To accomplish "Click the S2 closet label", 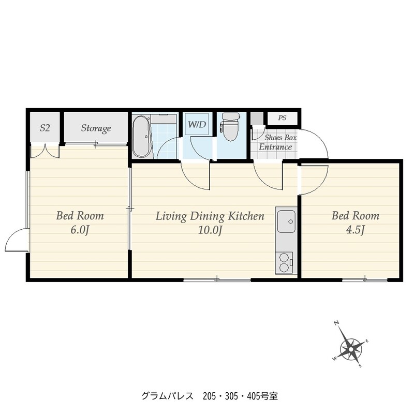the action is click(x=45, y=128).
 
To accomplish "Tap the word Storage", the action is click(x=96, y=128).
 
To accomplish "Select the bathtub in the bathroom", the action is click(x=142, y=137).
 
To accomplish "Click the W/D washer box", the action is click(x=197, y=124).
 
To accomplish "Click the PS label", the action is click(x=282, y=118).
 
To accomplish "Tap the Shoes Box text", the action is click(x=280, y=137).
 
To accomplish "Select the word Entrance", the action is click(x=275, y=147).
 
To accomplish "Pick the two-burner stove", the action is click(x=284, y=262).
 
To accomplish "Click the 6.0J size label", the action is click(x=80, y=230).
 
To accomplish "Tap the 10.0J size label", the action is click(x=210, y=230).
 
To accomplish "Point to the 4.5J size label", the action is click(x=355, y=230).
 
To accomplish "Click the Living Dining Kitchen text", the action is click(x=210, y=216).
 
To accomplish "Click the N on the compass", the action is click(x=336, y=323).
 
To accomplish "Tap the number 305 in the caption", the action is click(x=231, y=396).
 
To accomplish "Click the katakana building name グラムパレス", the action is click(x=167, y=396).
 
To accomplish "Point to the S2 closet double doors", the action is click(x=45, y=151).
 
